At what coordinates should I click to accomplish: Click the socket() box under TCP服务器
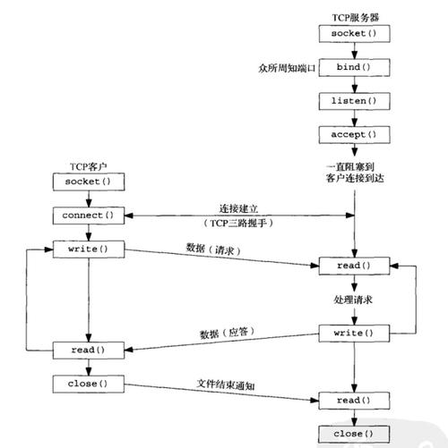click(x=354, y=33)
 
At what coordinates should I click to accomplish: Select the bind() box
click(x=354, y=67)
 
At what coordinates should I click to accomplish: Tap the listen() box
click(x=354, y=101)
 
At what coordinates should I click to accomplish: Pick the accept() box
click(x=354, y=135)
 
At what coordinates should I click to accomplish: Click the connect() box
click(x=89, y=216)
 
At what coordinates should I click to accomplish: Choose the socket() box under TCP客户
click(x=89, y=182)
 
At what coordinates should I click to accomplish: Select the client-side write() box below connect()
click(x=89, y=249)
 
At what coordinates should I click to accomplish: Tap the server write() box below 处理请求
click(x=354, y=334)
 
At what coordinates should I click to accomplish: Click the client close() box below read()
click(x=89, y=384)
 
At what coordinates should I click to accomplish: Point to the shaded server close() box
click(x=354, y=434)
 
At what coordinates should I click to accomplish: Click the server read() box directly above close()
click(x=354, y=401)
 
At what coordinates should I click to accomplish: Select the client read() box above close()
click(x=89, y=351)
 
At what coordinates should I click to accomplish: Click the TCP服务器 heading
click(x=356, y=18)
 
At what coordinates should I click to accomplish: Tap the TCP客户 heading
click(x=89, y=166)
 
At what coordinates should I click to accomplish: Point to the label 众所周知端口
click(x=287, y=68)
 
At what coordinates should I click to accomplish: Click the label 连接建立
click(x=238, y=208)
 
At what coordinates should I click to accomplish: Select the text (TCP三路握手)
click(x=238, y=223)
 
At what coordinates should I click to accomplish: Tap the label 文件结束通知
click(x=226, y=385)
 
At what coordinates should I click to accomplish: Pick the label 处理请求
click(x=353, y=300)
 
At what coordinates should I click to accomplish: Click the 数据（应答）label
click(x=227, y=333)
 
